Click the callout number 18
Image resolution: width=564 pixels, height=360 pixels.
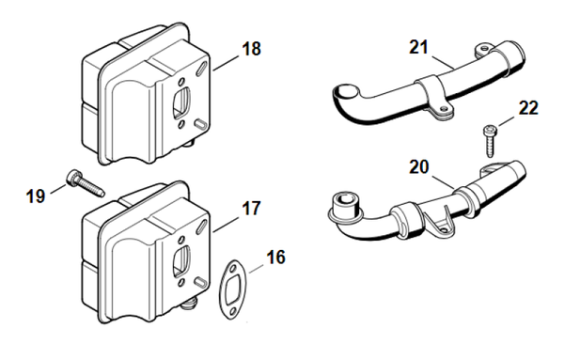pyautogui.click(x=251, y=49)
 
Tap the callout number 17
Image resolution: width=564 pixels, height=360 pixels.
pyautogui.click(x=251, y=209)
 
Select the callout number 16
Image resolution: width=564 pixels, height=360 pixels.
pyautogui.click(x=276, y=258)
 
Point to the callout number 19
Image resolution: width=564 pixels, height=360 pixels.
pyautogui.click(x=36, y=196)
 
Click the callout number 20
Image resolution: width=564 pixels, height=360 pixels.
pyautogui.click(x=419, y=167)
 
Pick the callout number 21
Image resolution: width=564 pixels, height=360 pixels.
pyautogui.click(x=418, y=47)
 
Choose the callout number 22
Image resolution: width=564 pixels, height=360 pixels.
pyautogui.click(x=528, y=108)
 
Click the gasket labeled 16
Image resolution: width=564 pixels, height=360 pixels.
pyautogui.click(x=231, y=289)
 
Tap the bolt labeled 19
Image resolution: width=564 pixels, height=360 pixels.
pyautogui.click(x=86, y=183)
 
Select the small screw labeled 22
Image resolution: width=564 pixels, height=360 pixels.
pyautogui.click(x=490, y=141)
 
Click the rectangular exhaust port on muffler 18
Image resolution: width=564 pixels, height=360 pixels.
pyautogui.click(x=181, y=102)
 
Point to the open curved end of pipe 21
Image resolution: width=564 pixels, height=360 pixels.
pyautogui.click(x=346, y=91)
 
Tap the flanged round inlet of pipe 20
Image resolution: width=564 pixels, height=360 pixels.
pyautogui.click(x=344, y=207)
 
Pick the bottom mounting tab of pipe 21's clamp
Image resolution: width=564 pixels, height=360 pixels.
pyautogui.click(x=442, y=112)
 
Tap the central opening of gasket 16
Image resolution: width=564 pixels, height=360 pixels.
pyautogui.click(x=231, y=289)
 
